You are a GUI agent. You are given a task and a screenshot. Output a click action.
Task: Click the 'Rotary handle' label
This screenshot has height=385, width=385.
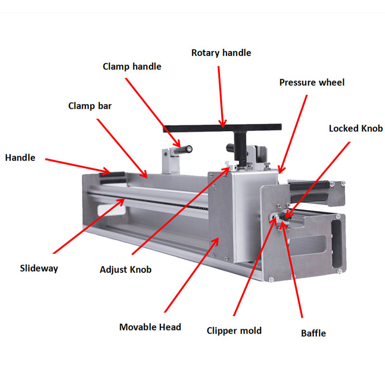221,53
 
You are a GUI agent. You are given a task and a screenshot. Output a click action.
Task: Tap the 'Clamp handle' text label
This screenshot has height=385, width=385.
132,66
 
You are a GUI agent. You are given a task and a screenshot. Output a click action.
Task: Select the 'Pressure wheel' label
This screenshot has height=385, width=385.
312,82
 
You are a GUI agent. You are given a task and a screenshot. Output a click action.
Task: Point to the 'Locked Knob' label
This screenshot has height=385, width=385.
356,128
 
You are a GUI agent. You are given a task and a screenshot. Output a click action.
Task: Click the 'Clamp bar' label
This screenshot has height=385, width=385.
90,106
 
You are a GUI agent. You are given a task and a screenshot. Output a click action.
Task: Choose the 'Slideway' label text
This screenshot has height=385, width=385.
39,269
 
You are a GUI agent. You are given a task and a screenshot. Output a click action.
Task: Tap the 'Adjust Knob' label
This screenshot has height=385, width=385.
126,269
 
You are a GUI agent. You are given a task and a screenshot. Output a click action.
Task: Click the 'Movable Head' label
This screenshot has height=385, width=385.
150,327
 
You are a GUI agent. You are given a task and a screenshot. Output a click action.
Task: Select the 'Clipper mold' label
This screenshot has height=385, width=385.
234,331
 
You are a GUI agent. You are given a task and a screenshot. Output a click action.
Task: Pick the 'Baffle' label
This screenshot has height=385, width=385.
313,334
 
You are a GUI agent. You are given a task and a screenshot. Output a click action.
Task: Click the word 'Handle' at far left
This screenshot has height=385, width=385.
20,158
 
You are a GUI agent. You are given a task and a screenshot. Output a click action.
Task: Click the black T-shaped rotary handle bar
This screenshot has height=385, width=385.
222,128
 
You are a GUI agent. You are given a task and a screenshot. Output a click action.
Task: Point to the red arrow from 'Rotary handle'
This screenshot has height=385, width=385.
221,97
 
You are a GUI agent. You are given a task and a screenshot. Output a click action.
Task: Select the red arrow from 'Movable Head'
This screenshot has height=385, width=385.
192,275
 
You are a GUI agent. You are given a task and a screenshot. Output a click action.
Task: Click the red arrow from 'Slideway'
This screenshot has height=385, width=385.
89,226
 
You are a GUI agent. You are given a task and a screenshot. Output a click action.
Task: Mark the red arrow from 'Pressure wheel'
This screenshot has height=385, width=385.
293,134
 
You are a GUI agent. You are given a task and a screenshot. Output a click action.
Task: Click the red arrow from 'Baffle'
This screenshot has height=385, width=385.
292,270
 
